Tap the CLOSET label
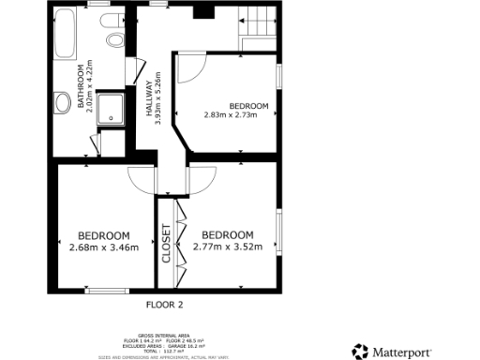pos(167,242)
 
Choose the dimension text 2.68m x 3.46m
pos(104,247)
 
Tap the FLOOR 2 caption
pos(165,305)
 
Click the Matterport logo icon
pos(360,352)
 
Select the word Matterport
pos(406,352)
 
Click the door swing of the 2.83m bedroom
pos(190,67)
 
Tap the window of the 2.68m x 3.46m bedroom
pos(107,292)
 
